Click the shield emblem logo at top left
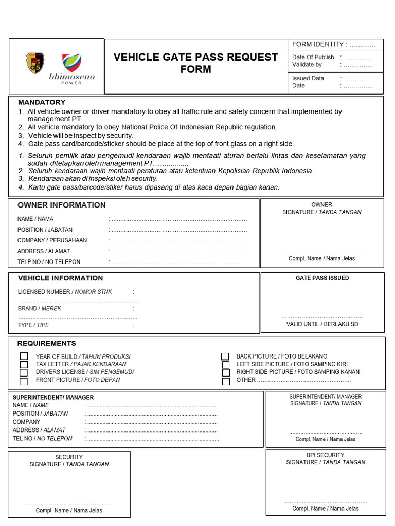[35, 63]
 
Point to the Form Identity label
[317, 44]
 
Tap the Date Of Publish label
[313, 57]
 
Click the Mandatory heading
[42, 102]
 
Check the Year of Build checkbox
[24, 356]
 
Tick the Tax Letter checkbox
[24, 364]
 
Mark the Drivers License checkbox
[24, 372]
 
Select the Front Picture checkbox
[24, 381]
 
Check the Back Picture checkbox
[225, 356]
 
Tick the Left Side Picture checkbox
[225, 365]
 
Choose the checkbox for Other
[226, 381]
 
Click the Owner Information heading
[62, 205]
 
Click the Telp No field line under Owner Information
[177, 262]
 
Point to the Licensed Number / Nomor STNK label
[65, 292]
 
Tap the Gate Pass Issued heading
[322, 278]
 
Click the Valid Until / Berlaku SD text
[322, 324]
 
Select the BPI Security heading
[325, 455]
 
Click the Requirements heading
[47, 343]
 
